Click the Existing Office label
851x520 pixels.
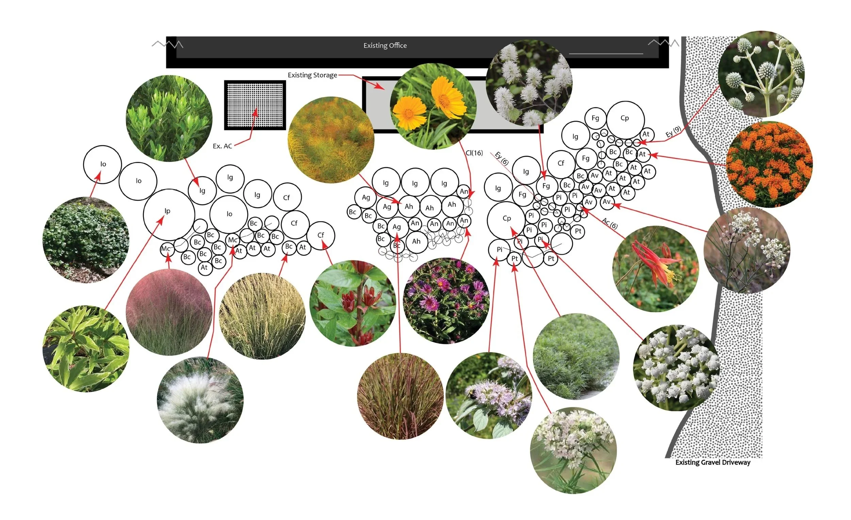tap(385, 46)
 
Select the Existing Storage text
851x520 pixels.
tap(312, 75)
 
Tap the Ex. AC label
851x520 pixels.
tap(222, 146)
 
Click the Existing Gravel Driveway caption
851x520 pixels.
tap(712, 462)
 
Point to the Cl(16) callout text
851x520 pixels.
tap(474, 153)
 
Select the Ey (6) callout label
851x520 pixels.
tap(502, 158)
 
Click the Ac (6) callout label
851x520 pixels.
tap(610, 223)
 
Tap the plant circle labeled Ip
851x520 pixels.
tap(168, 214)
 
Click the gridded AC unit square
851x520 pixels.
tap(255, 105)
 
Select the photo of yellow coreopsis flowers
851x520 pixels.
tap(433, 107)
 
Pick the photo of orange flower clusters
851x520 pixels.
tap(770, 164)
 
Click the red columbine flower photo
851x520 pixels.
tap(655, 269)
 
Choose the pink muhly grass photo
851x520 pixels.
tap(169, 312)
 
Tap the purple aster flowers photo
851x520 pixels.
tap(446, 301)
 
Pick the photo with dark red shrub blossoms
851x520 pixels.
tap(353, 303)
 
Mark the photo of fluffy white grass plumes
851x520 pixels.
tap(200, 400)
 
